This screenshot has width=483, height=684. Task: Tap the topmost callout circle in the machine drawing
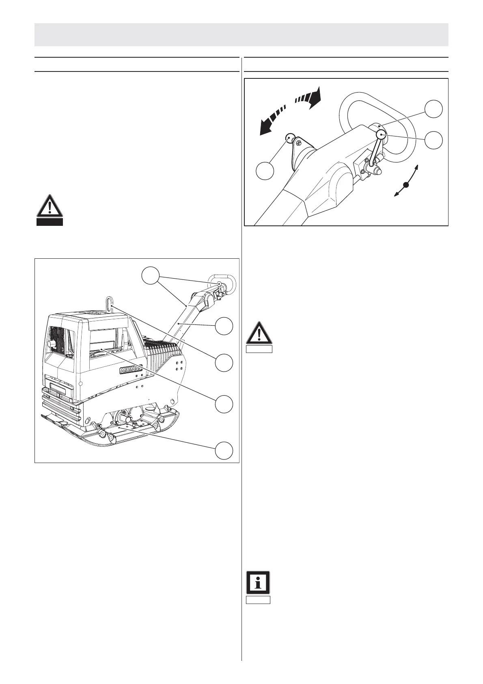[x=151, y=276]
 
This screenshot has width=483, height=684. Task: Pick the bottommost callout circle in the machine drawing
[x=224, y=450]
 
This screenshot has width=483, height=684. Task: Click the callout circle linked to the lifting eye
[x=224, y=363]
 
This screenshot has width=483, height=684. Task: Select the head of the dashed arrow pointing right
[x=315, y=97]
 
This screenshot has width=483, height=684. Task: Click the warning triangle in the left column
[x=50, y=206]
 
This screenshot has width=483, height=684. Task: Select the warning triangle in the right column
[x=259, y=334]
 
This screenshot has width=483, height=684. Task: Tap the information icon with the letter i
[x=258, y=582]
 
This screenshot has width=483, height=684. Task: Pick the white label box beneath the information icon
[x=258, y=600]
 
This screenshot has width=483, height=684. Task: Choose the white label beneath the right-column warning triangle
[x=259, y=349]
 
